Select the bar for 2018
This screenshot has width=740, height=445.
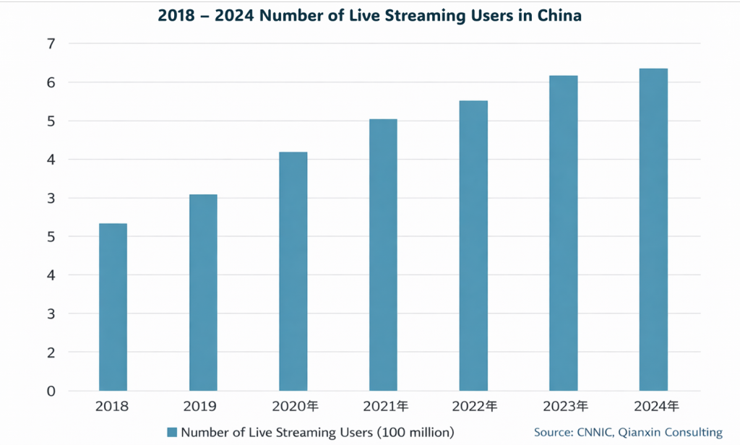pyautogui.click(x=113, y=307)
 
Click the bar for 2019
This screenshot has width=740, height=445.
pyautogui.click(x=203, y=293)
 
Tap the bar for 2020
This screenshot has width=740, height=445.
pyautogui.click(x=293, y=271)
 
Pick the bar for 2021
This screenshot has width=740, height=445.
pyautogui.click(x=383, y=254)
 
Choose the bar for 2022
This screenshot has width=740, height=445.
pyautogui.click(x=473, y=246)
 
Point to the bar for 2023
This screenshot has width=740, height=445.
pyautogui.click(x=563, y=233)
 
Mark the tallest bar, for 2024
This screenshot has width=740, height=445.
pyautogui.click(x=653, y=230)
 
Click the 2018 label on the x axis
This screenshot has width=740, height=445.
pyautogui.click(x=112, y=407)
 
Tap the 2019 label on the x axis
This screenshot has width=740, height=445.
pyautogui.click(x=202, y=407)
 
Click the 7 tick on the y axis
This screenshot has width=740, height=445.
pyautogui.click(x=51, y=44)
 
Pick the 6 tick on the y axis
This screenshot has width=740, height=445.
pyautogui.click(x=51, y=82)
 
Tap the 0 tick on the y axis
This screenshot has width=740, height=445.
pyautogui.click(x=51, y=391)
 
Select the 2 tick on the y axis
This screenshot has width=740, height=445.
pyautogui.click(x=51, y=353)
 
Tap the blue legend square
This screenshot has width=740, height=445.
pyautogui.click(x=172, y=432)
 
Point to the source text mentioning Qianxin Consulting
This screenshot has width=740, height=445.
pyautogui.click(x=628, y=432)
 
